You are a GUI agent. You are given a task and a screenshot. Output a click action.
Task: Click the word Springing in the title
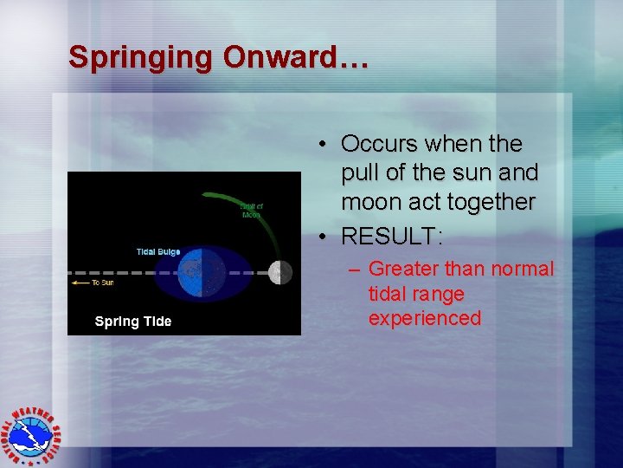coord(141,57)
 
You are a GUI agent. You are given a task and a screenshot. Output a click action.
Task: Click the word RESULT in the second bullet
coord(389,235)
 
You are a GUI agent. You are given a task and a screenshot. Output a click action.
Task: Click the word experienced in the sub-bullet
coord(424,318)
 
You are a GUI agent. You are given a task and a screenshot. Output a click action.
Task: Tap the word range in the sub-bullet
coord(440,294)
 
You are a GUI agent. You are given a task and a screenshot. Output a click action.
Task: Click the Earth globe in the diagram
coord(202,272)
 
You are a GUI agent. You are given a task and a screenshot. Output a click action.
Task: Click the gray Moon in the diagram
coord(279,272)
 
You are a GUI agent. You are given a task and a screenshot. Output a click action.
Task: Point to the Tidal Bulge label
coord(158,251)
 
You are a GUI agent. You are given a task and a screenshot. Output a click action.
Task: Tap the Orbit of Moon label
coord(252,210)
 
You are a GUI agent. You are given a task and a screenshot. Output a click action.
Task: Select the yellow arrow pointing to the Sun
coord(80,283)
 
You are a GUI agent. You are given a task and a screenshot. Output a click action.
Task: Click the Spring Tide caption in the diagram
coord(133,322)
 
